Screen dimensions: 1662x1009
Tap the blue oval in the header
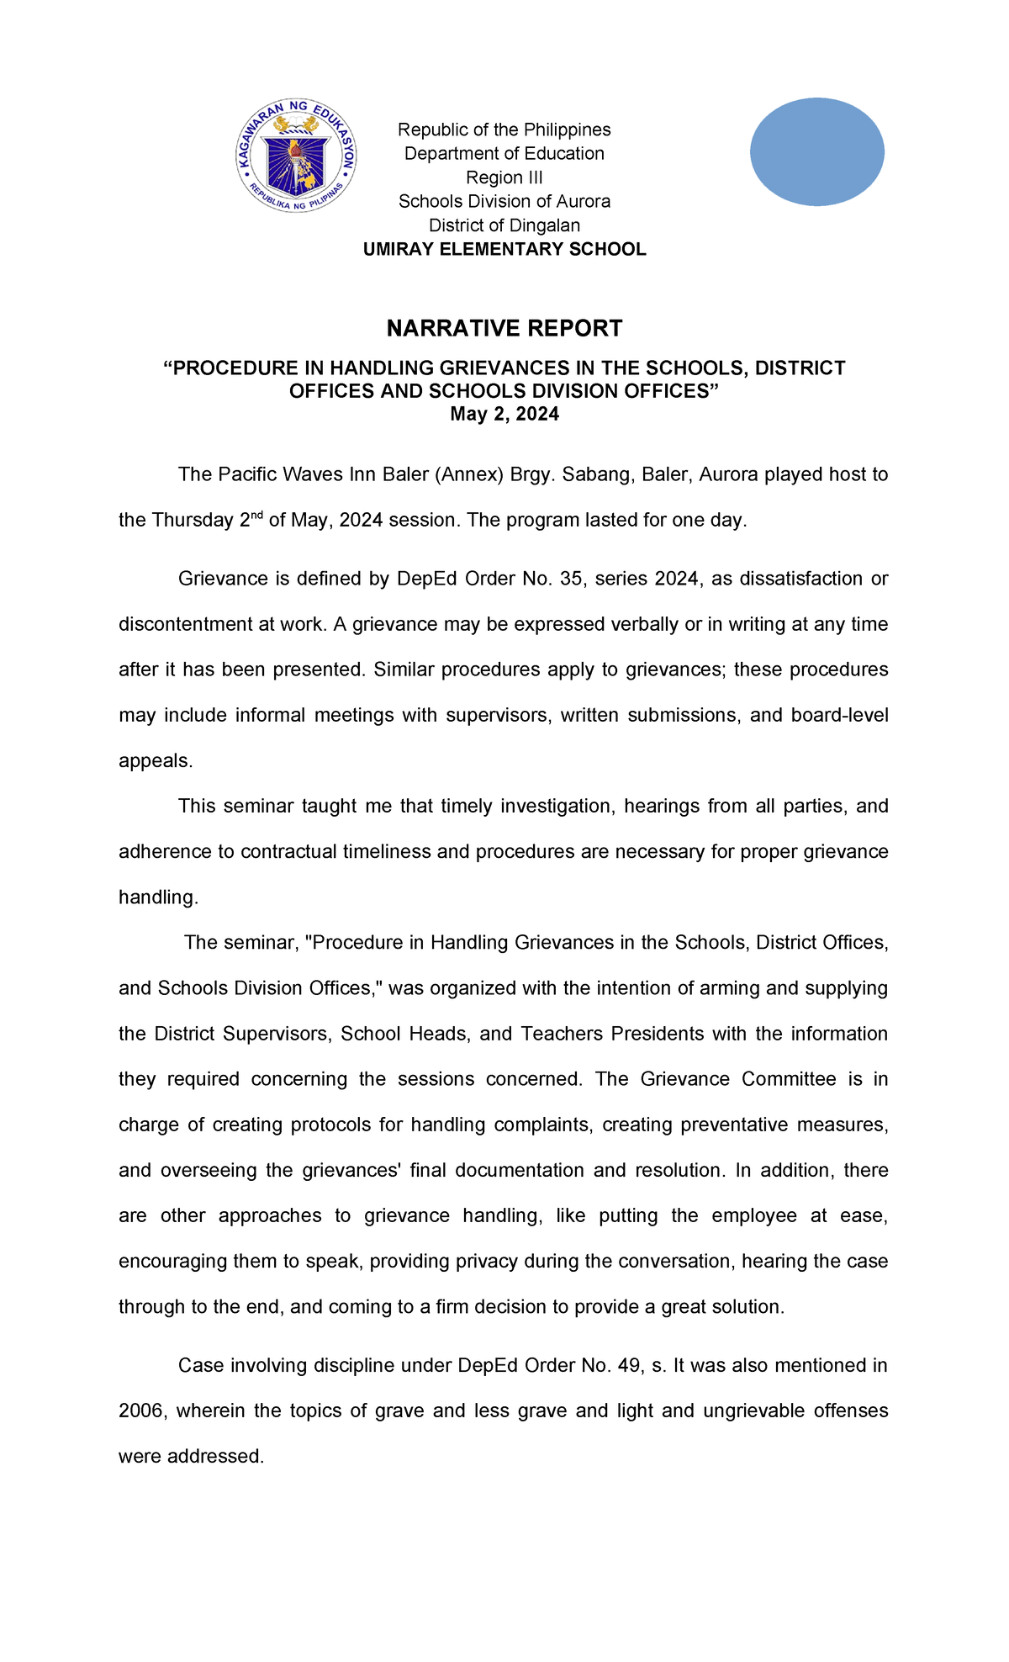(x=816, y=152)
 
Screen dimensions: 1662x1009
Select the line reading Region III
(x=504, y=177)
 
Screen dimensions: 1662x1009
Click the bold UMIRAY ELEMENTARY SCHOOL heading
(x=504, y=249)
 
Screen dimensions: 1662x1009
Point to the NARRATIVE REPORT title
(x=504, y=328)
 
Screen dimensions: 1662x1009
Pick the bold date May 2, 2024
(x=504, y=414)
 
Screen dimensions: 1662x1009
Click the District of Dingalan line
(x=504, y=225)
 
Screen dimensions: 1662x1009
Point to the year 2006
(x=140, y=1411)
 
